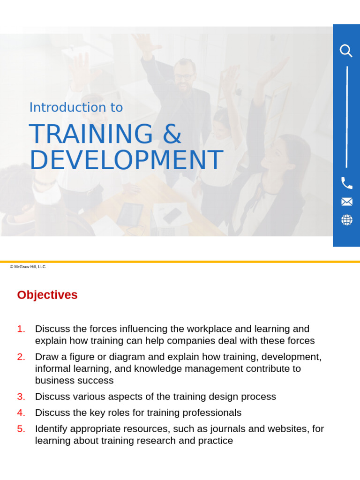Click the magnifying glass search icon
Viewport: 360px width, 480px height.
click(346, 51)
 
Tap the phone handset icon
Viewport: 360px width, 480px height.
click(346, 183)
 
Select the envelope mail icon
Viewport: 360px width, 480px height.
click(346, 202)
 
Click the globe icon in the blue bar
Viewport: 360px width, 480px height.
click(346, 220)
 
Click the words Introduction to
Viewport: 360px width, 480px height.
click(76, 107)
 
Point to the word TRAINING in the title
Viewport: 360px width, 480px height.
click(91, 135)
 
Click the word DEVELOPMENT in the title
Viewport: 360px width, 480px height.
click(126, 160)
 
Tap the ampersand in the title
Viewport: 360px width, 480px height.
click(172, 135)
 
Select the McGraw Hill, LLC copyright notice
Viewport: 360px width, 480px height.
click(28, 267)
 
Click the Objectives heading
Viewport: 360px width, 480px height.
click(47, 295)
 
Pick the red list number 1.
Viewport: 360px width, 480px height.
click(21, 329)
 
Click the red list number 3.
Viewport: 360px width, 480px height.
click(21, 397)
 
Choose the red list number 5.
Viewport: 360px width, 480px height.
click(21, 429)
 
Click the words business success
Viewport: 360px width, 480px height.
click(74, 380)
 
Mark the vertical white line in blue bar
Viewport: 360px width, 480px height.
click(346, 117)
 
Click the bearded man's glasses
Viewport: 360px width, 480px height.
click(184, 76)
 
